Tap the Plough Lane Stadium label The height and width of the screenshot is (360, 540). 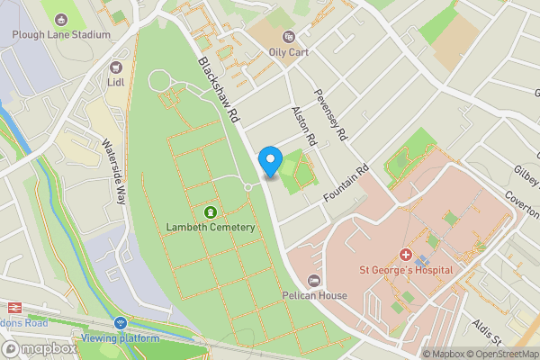62,35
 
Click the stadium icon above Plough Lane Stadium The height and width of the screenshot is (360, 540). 61,19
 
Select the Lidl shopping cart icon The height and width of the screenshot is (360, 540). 116,67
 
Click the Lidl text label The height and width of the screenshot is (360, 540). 116,83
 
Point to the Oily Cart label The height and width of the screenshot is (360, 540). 289,52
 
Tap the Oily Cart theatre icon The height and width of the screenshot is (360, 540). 289,37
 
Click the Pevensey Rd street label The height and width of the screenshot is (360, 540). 329,115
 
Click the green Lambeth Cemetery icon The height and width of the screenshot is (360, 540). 211,212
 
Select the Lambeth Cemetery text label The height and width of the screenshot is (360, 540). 211,228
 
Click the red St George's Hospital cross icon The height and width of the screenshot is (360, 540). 406,256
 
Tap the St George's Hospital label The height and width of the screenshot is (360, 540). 407,271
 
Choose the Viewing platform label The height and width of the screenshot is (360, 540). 120,338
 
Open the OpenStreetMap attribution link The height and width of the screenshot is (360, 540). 502,354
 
